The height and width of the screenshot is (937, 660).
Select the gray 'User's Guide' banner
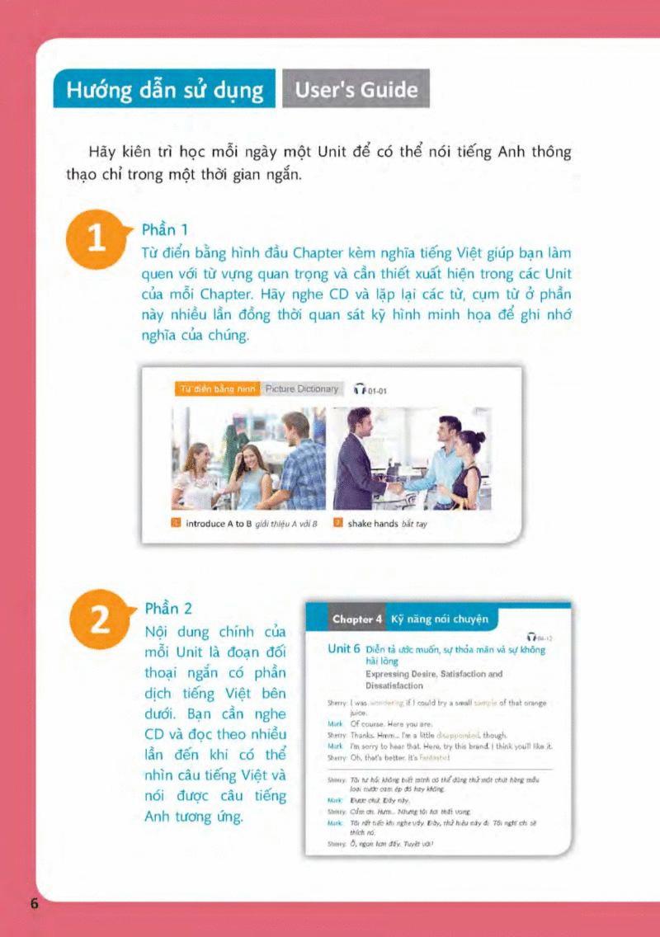click(x=356, y=89)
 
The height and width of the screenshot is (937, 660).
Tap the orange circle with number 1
click(x=97, y=239)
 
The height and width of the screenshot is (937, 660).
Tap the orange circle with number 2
click(x=97, y=620)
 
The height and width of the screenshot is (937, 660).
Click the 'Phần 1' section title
click(x=166, y=229)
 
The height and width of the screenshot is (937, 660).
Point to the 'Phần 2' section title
click(x=167, y=609)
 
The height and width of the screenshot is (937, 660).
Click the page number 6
click(x=35, y=902)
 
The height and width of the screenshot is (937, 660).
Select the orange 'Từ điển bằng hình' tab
click(x=218, y=389)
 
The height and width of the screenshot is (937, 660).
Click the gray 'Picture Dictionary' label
click(x=302, y=389)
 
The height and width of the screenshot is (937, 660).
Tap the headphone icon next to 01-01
click(x=358, y=390)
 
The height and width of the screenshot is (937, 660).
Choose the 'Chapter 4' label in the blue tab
click(x=356, y=619)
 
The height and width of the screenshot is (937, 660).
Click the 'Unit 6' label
click(x=343, y=649)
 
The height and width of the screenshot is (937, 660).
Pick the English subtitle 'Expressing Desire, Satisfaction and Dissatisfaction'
click(x=434, y=680)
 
